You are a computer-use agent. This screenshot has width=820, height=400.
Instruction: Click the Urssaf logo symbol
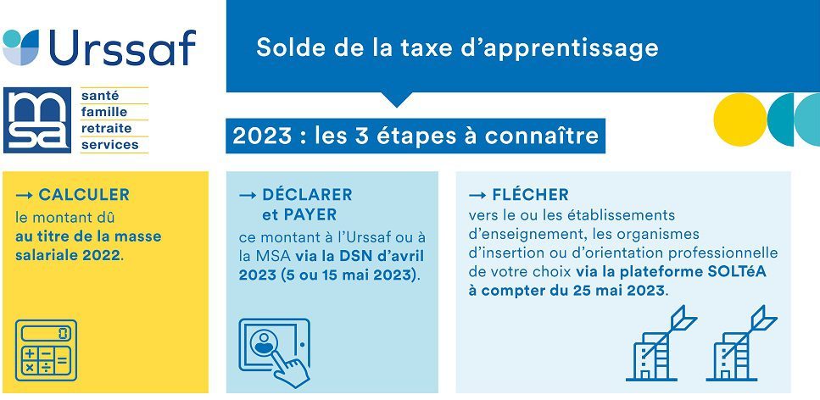21,47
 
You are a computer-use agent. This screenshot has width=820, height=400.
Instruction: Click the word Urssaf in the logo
122,47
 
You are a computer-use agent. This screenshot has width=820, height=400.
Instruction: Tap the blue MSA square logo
37,119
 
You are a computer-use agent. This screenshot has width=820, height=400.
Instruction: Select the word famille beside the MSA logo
104,112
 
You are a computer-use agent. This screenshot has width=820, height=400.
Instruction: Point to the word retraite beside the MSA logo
106,128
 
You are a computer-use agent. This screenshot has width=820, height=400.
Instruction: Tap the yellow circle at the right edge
740,119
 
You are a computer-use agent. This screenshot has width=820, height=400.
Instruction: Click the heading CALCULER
84,195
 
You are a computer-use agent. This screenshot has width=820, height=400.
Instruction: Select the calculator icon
46,350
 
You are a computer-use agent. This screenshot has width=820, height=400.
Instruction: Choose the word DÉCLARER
307,195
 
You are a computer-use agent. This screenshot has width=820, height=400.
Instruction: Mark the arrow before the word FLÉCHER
477,195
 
